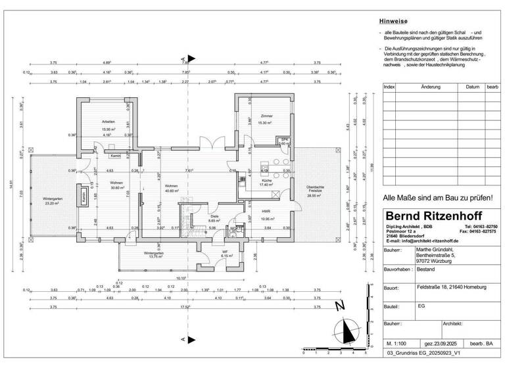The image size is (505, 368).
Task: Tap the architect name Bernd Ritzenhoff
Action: [x=433, y=216]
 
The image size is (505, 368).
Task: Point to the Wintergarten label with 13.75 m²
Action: [x=153, y=254]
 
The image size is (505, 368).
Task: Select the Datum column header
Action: [x=471, y=87]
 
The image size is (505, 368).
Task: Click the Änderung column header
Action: [x=431, y=87]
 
